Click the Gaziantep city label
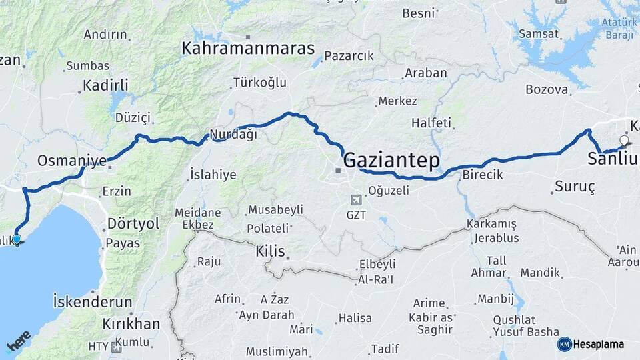(x=391, y=160)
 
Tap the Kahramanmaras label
(x=248, y=48)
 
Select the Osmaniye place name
(x=72, y=161)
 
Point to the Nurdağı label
(x=233, y=134)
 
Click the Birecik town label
(x=482, y=175)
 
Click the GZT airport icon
(x=357, y=199)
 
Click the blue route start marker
(x=17, y=239)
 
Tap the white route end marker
(x=624, y=140)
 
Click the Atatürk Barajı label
(x=619, y=27)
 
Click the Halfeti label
(x=431, y=123)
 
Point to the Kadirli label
(x=105, y=85)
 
